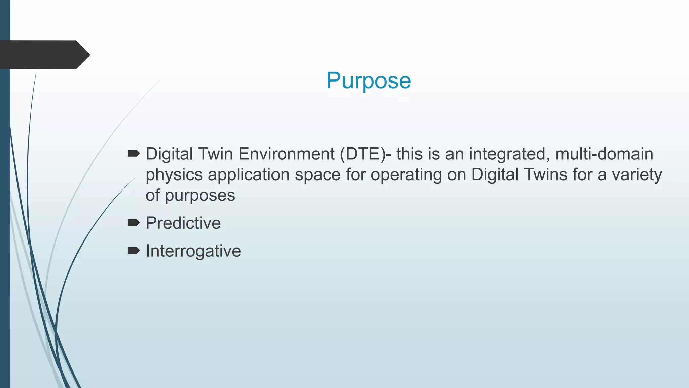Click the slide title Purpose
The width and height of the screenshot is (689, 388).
tap(368, 80)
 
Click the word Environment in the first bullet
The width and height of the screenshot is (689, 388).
tap(286, 154)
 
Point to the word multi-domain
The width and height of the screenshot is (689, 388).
tap(604, 154)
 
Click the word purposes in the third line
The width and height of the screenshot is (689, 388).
tap(200, 196)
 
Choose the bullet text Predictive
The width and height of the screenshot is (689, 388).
tap(183, 223)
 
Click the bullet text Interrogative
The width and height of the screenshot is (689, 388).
tap(193, 251)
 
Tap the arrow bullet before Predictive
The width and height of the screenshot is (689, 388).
tap(134, 222)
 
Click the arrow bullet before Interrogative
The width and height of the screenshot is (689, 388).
tap(134, 250)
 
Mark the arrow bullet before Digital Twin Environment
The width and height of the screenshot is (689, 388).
tap(134, 154)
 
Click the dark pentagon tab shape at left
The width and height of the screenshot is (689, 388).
tap(44, 55)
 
